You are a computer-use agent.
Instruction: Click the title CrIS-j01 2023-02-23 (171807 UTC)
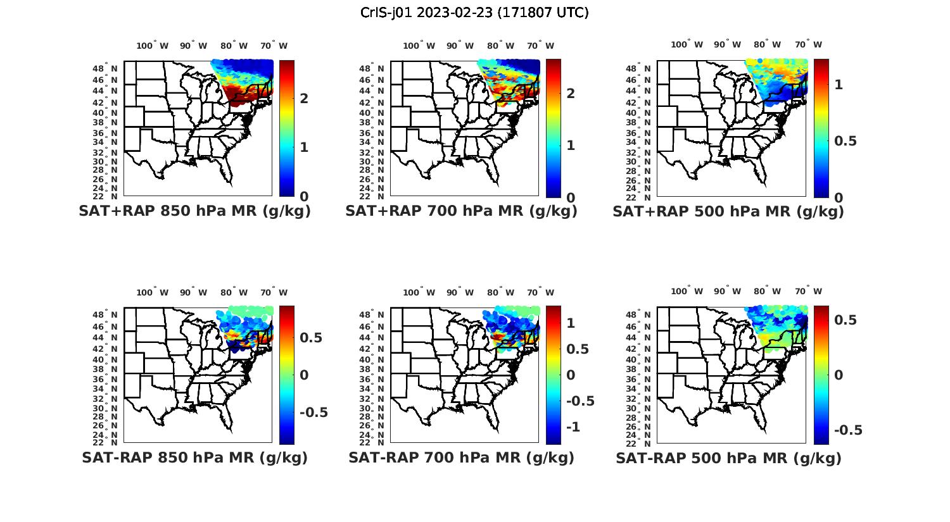tap(474, 12)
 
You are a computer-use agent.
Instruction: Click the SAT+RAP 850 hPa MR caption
tap(194, 211)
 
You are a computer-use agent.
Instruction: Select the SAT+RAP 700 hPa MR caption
tap(461, 211)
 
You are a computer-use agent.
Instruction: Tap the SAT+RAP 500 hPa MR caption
tap(728, 211)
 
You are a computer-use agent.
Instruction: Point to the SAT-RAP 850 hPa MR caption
tap(194, 457)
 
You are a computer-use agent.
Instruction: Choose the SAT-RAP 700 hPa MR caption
tap(461, 457)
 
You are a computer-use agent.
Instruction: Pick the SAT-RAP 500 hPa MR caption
tap(728, 457)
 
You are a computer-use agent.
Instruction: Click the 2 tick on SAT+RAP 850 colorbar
tap(304, 98)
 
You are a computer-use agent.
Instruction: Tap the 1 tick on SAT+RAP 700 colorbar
tap(571, 145)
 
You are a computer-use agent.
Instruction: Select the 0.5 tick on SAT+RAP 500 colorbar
tap(845, 140)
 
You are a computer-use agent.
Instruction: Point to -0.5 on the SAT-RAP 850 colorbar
tap(313, 413)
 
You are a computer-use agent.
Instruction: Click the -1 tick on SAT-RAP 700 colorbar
tap(573, 427)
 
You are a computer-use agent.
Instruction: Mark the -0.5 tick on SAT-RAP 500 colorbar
tap(848, 430)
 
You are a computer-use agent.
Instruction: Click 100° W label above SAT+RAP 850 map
tap(152, 46)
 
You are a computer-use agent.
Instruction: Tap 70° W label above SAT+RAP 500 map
tap(808, 44)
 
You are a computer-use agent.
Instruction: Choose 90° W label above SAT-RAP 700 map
tap(460, 292)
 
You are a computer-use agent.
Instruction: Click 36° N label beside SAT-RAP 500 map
tap(643, 378)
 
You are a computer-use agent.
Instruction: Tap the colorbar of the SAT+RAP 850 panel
tap(286, 128)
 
